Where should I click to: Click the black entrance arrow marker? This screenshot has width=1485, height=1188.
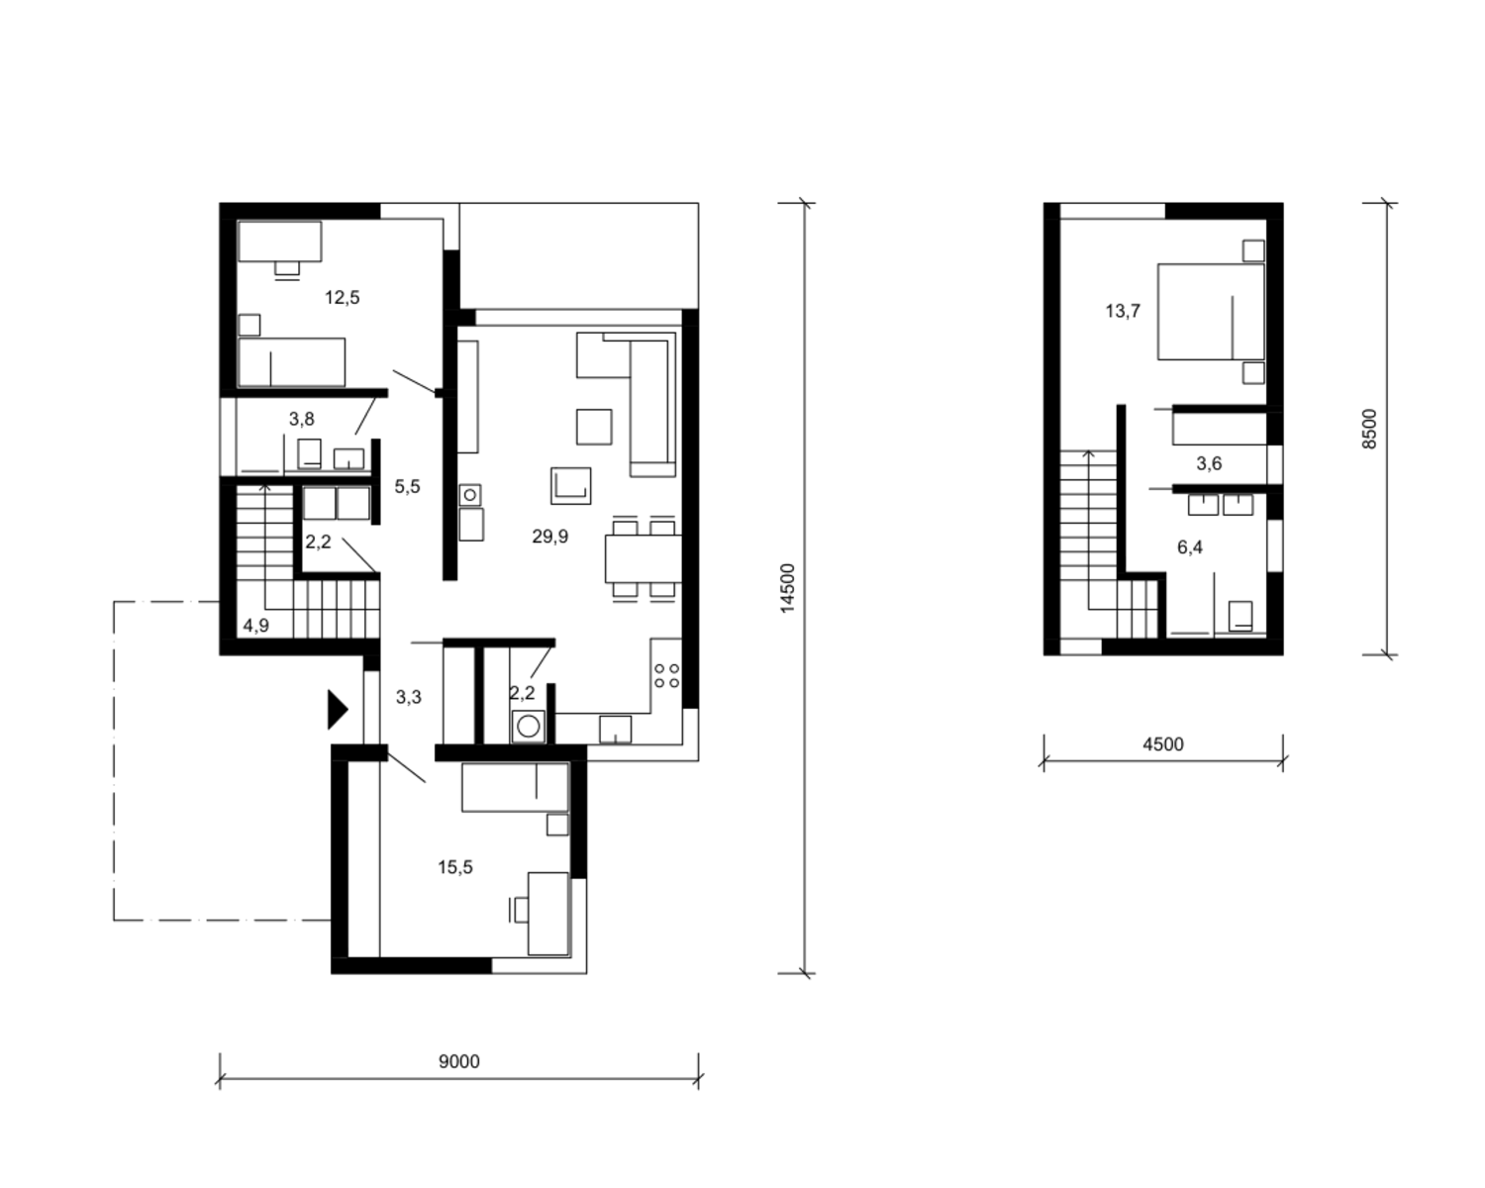coord(337,710)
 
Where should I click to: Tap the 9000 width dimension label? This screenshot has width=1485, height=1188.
coord(459,1061)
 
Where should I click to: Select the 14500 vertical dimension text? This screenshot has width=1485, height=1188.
coord(787,588)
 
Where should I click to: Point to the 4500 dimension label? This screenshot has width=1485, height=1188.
coord(1162,744)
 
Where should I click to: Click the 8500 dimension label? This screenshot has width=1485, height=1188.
coord(1369,429)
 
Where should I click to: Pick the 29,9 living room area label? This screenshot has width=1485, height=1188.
coord(550,537)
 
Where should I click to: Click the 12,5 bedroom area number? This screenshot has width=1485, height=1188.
coord(343,298)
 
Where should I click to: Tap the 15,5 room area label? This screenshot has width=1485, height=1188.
coord(455,867)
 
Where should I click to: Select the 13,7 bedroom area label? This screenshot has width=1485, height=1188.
coord(1123,311)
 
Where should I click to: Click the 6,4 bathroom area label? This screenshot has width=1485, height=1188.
coord(1190,547)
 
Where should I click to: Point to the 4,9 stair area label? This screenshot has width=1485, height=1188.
coord(256,626)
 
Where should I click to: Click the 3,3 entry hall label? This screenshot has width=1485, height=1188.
coord(409,697)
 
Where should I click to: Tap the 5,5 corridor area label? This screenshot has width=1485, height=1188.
coord(407,487)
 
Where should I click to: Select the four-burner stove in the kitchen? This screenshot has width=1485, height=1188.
coord(666,676)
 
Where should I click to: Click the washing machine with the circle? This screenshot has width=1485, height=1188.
coord(528,727)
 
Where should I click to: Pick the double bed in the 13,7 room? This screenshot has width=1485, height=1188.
coord(1211,311)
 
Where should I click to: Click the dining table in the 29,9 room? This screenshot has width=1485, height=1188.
coord(643,558)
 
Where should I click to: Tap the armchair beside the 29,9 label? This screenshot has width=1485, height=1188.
coord(570,486)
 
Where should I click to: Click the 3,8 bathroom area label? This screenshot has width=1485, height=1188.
coord(302,419)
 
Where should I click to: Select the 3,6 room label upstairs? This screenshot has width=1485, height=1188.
coord(1209,464)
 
